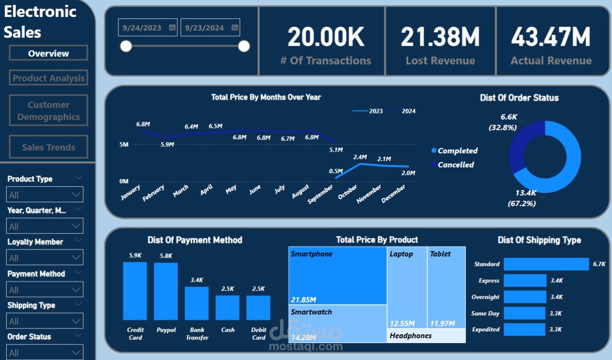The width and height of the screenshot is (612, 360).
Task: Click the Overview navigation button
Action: click(49, 53)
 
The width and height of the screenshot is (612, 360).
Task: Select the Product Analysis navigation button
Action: click(49, 78)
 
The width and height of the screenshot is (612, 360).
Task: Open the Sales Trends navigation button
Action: click(49, 147)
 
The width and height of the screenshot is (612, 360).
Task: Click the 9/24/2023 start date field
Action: click(142, 28)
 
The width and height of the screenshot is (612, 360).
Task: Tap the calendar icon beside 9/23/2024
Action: click(235, 28)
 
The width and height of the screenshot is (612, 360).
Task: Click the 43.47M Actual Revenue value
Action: click(551, 37)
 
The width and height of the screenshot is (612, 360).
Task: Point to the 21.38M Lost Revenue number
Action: click(440, 37)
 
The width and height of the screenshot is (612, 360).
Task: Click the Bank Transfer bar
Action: click(197, 303)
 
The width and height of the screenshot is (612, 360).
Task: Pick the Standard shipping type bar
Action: click(546, 264)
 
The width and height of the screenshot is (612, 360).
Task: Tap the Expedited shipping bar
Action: click(524, 329)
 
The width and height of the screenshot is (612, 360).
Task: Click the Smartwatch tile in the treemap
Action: click(338, 324)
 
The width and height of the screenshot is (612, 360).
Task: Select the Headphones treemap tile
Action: click(426, 336)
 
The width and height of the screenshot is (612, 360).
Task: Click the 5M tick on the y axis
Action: click(123, 145)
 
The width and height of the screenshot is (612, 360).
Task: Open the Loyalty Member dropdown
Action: click(45, 258)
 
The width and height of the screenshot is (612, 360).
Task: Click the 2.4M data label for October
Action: click(360, 157)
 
